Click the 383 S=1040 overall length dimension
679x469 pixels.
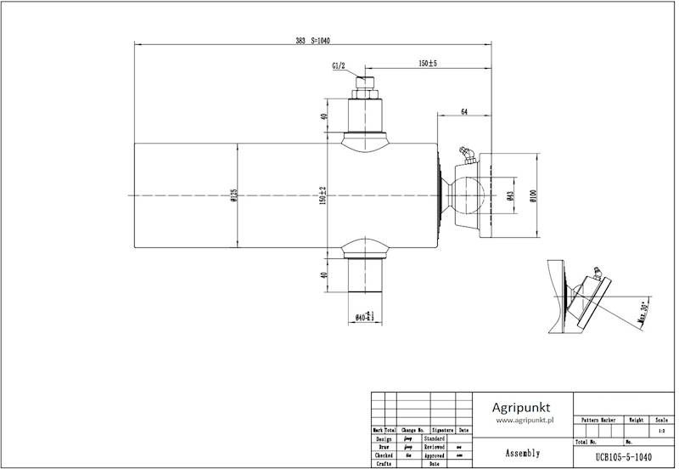coord(311,40)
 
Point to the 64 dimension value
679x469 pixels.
coord(464,111)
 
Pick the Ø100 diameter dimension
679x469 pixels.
coord(532,196)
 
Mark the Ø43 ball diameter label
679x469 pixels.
coord(509,196)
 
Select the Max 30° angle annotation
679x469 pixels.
coord(643,314)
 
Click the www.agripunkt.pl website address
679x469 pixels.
coord(525,420)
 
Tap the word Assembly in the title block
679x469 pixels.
coord(522,453)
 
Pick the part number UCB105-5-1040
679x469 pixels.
coord(624,456)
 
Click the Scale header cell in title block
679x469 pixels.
coord(661,420)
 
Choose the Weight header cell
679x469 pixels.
coord(634,420)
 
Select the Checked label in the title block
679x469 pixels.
coord(383,455)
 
